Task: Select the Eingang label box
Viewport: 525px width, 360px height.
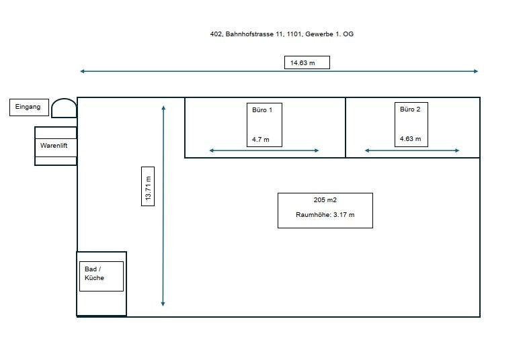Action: (28, 107)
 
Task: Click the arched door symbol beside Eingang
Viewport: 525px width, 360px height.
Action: (64, 107)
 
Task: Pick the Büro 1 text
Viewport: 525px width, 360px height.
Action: (261, 109)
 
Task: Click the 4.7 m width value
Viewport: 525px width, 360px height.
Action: (261, 140)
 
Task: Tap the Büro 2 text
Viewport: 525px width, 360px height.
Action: (410, 109)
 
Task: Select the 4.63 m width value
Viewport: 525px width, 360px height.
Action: (410, 140)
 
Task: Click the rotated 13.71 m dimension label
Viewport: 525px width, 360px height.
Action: (148, 186)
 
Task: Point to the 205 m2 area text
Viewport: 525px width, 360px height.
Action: (325, 200)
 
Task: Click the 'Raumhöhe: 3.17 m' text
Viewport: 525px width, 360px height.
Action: (325, 215)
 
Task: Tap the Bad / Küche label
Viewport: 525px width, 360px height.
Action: (95, 273)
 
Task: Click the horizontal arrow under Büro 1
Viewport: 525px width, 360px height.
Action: (264, 150)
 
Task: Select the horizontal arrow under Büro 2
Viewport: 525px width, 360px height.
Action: (412, 150)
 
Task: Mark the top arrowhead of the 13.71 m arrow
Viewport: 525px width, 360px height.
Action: (163, 107)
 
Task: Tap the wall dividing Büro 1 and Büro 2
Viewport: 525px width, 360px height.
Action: (346, 128)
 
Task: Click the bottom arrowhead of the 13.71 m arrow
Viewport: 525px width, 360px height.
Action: (163, 304)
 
